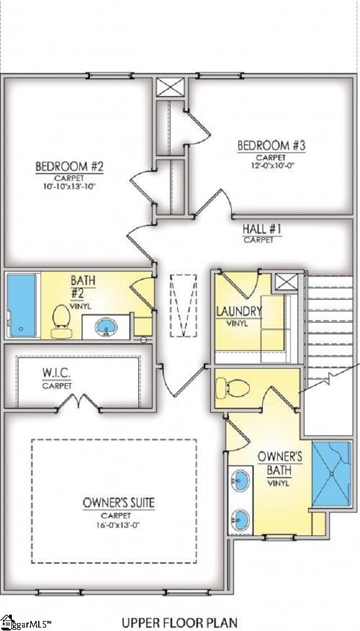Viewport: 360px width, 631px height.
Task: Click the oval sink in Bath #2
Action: tap(105, 326)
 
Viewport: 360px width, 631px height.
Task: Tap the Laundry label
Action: tap(239, 311)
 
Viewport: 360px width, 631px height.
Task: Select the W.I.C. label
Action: tap(57, 374)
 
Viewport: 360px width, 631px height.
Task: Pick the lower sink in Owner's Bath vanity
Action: tap(241, 516)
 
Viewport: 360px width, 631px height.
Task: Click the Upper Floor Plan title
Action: tap(179, 622)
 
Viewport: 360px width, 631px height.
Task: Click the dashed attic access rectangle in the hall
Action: tap(183, 306)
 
